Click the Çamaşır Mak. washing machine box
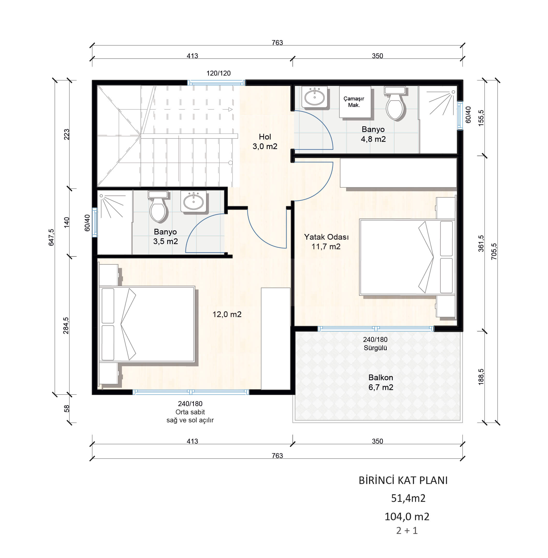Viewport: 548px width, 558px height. pyautogui.click(x=355, y=102)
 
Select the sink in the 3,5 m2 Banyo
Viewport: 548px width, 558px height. pyautogui.click(x=193, y=201)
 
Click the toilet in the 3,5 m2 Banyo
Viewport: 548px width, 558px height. pyautogui.click(x=158, y=206)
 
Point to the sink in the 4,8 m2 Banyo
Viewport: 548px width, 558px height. pyautogui.click(x=315, y=97)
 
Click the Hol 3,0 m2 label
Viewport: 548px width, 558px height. pyautogui.click(x=265, y=141)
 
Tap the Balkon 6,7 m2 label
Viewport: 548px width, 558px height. pyautogui.click(x=381, y=382)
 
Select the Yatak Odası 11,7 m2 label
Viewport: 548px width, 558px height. pyautogui.click(x=326, y=241)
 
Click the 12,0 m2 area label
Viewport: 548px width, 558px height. pyautogui.click(x=227, y=314)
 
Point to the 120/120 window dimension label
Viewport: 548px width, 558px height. pyautogui.click(x=218, y=73)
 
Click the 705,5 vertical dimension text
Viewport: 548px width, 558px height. pyautogui.click(x=494, y=252)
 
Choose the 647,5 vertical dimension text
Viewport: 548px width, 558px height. pyautogui.click(x=51, y=237)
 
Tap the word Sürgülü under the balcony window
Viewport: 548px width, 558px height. pyautogui.click(x=375, y=348)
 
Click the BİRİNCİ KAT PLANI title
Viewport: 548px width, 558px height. pyautogui.click(x=403, y=480)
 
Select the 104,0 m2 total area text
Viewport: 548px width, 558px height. pyautogui.click(x=407, y=517)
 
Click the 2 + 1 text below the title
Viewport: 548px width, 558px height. pyautogui.click(x=407, y=530)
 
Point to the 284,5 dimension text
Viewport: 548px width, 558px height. pyautogui.click(x=66, y=326)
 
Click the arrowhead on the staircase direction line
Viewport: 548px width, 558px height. pyautogui.click(x=230, y=109)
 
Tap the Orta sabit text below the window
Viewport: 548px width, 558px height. pyautogui.click(x=190, y=412)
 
